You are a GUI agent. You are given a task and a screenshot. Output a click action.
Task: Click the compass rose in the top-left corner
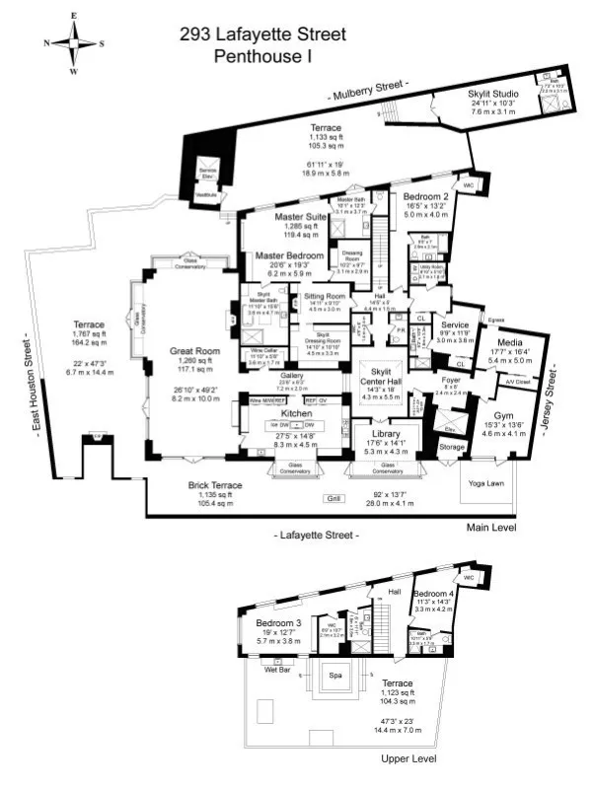(x=74, y=43)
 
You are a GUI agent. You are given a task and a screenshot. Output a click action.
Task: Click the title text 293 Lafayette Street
(x=262, y=36)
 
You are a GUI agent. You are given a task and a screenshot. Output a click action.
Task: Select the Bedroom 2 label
(x=426, y=196)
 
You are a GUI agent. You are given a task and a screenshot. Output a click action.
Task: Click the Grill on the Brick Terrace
(x=333, y=499)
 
